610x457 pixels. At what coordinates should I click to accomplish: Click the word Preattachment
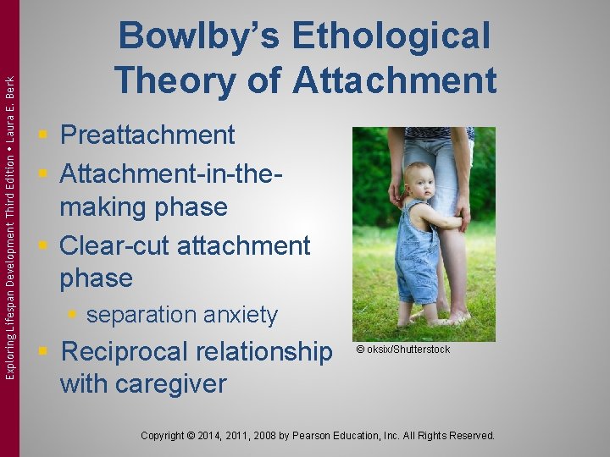pyautogui.click(x=147, y=135)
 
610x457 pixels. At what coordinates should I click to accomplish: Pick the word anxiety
pyautogui.click(x=240, y=315)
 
